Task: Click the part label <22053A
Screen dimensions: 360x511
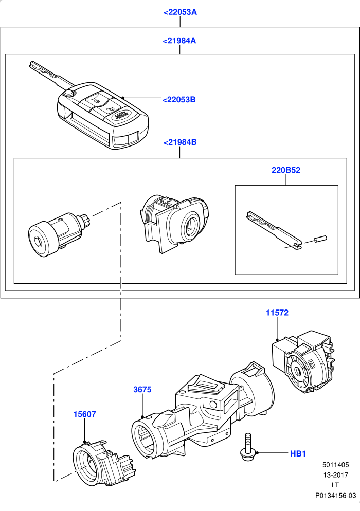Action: tap(180, 12)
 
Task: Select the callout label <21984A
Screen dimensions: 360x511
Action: tap(179, 41)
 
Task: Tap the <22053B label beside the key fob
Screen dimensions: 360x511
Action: tap(179, 100)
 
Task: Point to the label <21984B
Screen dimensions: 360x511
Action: tap(180, 142)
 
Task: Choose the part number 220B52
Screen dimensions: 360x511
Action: tap(286, 170)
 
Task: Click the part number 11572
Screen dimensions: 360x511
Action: tap(277, 313)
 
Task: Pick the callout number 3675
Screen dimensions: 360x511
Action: tap(142, 390)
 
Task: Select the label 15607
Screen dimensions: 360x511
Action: tap(84, 414)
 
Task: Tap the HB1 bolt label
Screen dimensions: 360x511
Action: tap(298, 453)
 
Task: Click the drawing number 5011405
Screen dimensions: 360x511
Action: tap(335, 465)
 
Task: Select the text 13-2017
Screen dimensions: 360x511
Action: tap(335, 475)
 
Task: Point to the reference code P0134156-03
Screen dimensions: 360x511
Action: tap(335, 496)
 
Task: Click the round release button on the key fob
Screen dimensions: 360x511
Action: tap(69, 94)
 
